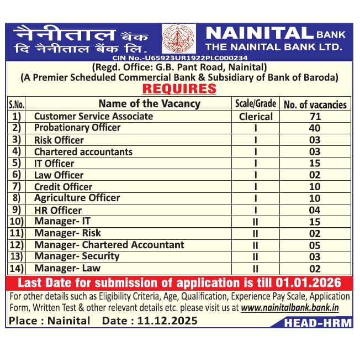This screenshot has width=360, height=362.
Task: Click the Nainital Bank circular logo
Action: click(178, 39)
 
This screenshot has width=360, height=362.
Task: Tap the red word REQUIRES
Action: click(179, 89)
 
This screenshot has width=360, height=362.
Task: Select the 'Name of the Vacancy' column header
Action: click(149, 103)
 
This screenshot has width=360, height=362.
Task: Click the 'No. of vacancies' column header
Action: click(315, 104)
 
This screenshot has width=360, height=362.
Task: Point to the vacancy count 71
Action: click(315, 117)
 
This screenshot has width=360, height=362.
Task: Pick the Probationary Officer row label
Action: click(77, 128)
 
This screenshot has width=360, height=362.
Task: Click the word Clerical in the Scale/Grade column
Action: click(256, 117)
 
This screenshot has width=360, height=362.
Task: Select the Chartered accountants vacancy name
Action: click(83, 151)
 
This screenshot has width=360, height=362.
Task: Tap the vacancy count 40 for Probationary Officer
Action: click(315, 128)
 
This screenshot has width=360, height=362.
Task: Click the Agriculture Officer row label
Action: click(77, 198)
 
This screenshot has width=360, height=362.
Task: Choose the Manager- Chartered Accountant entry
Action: click(109, 245)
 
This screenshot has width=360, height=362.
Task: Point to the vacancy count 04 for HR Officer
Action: click(315, 211)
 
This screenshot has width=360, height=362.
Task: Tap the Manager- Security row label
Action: click(76, 256)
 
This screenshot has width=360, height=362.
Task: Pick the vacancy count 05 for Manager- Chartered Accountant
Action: click(315, 245)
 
